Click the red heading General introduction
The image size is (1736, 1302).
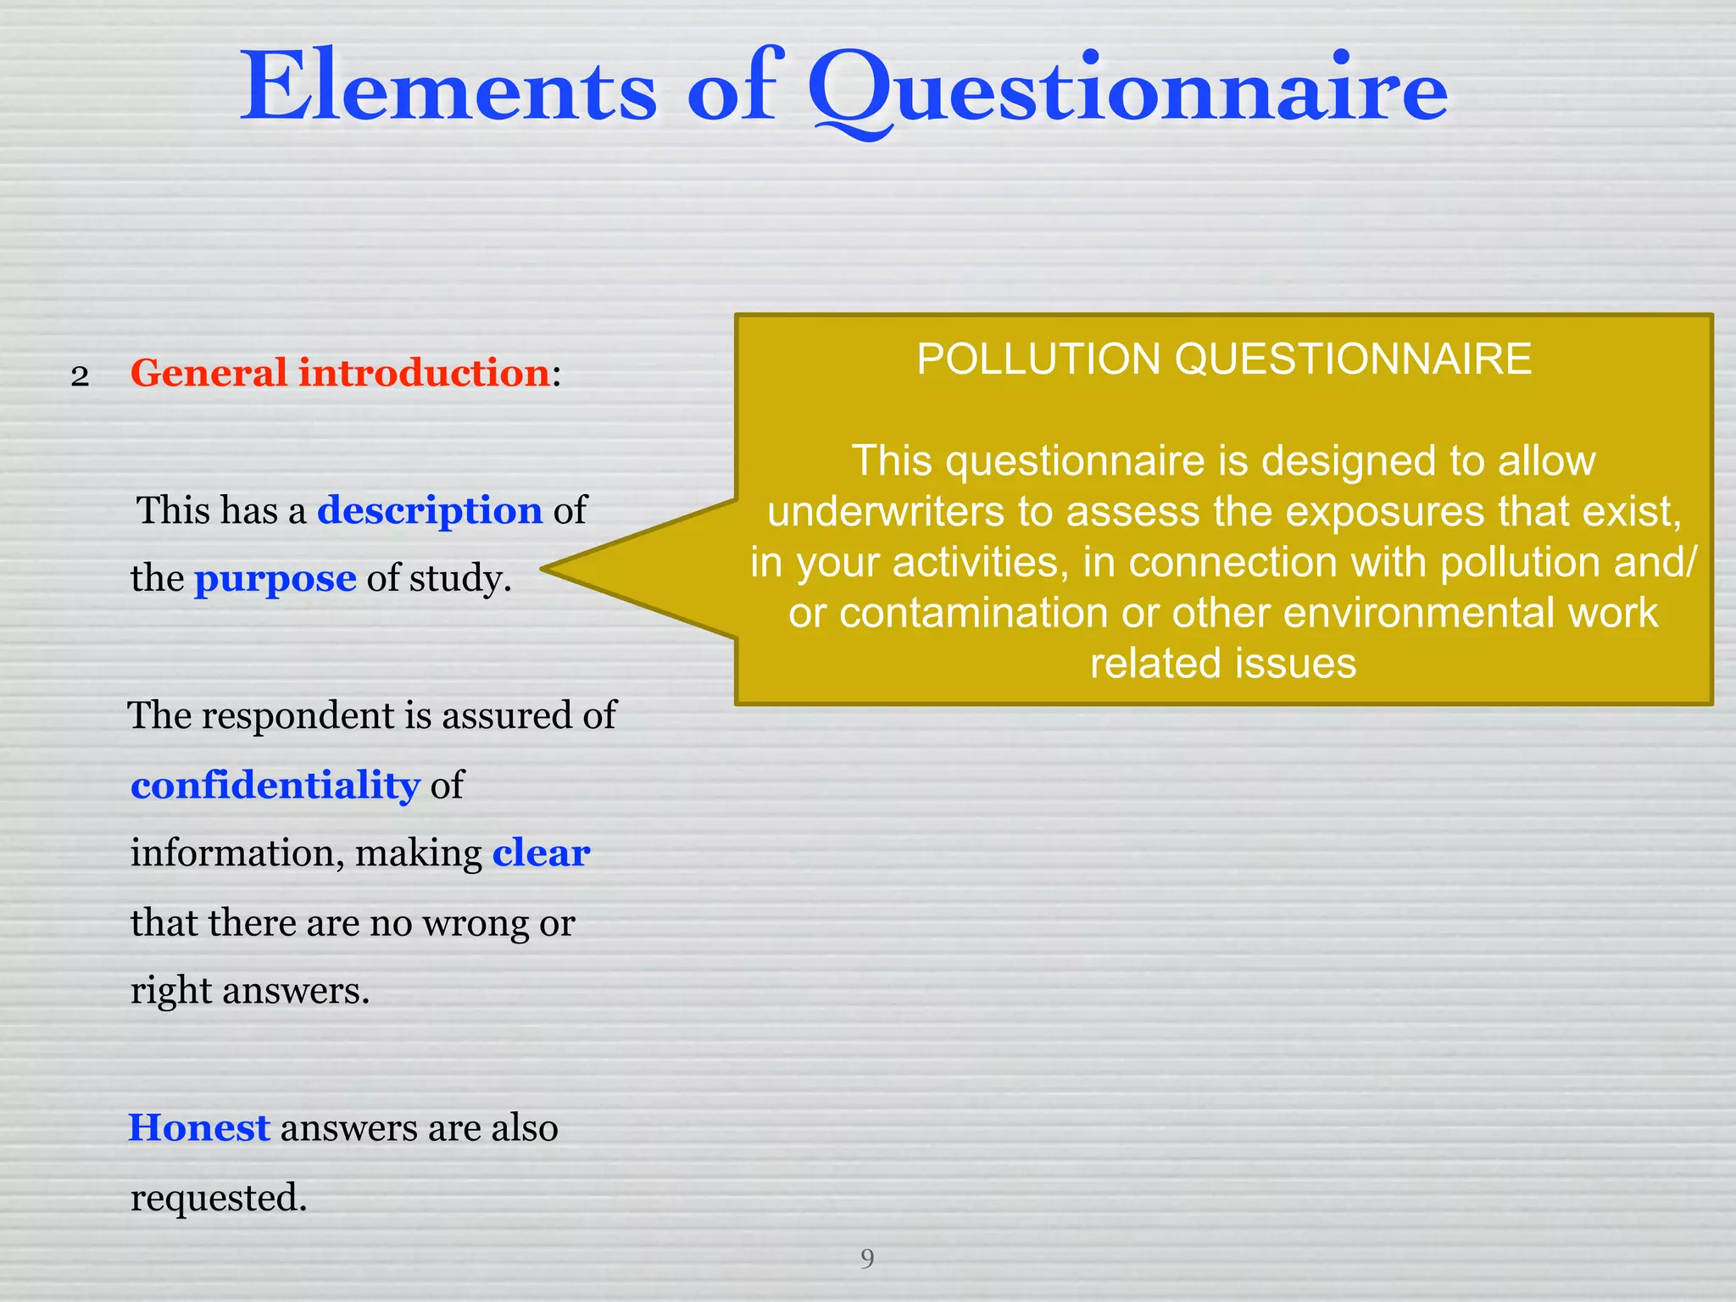coord(340,373)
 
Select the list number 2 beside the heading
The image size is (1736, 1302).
coord(80,376)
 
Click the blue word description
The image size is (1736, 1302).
coord(430,510)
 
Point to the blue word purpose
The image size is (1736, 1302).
coord(275,579)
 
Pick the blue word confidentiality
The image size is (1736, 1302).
coord(275,785)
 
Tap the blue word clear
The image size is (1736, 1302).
coord(541,853)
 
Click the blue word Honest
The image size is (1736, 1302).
coord(199,1128)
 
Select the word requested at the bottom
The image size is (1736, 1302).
coord(219,1198)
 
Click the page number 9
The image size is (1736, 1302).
coord(867,1258)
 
